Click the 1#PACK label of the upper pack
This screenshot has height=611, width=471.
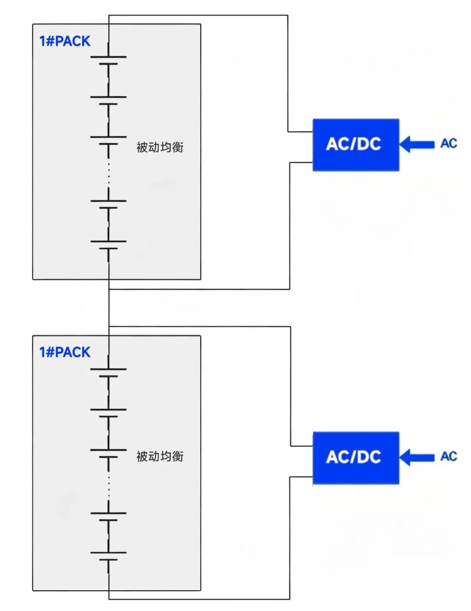(65, 41)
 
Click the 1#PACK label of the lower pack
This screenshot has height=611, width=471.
(65, 352)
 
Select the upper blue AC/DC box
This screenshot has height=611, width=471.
(355, 144)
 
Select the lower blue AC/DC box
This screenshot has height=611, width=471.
(355, 457)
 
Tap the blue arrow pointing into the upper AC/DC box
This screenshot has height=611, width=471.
(417, 144)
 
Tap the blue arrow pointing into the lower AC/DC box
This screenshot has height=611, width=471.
(417, 457)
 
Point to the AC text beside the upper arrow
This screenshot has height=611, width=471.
(449, 143)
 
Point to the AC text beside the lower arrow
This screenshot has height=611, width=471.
(449, 456)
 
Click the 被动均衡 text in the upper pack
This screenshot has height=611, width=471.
(160, 147)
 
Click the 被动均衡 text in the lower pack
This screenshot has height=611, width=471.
(160, 456)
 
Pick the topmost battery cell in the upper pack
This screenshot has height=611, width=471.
(109, 60)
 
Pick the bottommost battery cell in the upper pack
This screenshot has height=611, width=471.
(109, 245)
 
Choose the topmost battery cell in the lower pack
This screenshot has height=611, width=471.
(109, 373)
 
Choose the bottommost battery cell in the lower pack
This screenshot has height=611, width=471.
(109, 556)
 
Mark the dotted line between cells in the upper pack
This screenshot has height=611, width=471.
(109, 172)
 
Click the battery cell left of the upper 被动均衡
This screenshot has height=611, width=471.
(109, 140)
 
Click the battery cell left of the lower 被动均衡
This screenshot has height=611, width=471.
(109, 453)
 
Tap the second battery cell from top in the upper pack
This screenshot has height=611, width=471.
(109, 100)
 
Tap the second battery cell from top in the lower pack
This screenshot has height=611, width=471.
(109, 413)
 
